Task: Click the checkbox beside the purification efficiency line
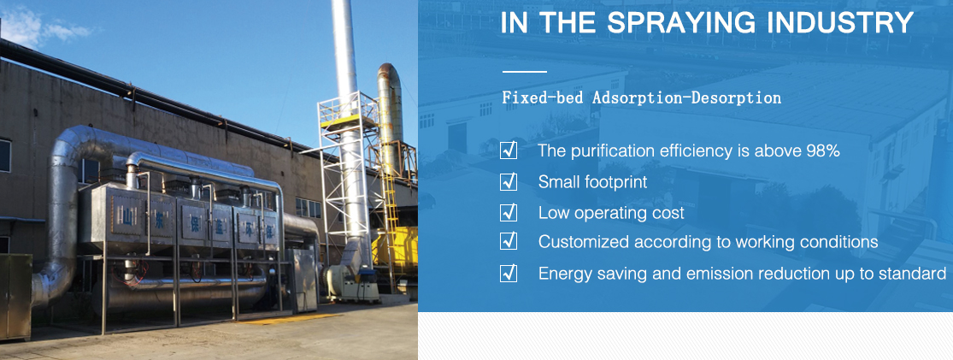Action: [508, 150]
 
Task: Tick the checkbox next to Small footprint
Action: [508, 181]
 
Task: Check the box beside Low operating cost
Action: [508, 212]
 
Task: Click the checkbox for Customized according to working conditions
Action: [508, 241]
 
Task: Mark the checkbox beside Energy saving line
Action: [508, 273]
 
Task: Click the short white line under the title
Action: [524, 72]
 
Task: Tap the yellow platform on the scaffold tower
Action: [340, 121]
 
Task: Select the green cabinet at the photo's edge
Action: [15, 297]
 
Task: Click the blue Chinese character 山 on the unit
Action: [127, 217]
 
